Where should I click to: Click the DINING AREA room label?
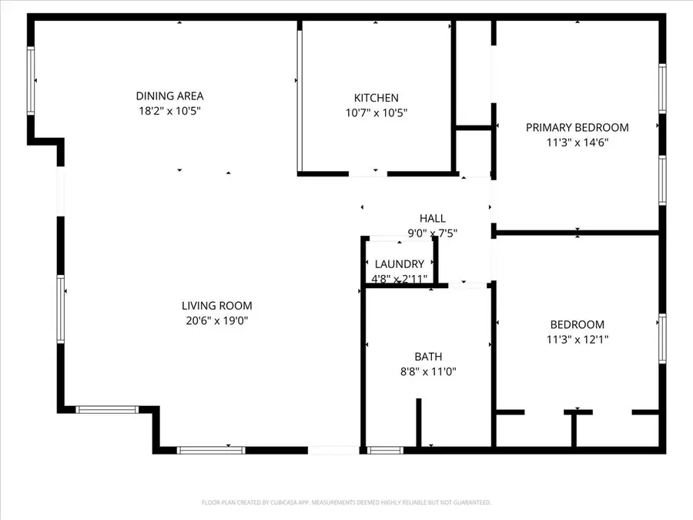(169, 96)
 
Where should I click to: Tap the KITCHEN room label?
(376, 98)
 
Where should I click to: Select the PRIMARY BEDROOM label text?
(577, 128)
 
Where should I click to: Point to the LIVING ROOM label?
(216, 306)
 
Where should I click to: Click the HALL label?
(432, 219)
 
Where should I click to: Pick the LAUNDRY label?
(400, 264)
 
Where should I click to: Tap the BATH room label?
(428, 357)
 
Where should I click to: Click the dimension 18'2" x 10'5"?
(169, 111)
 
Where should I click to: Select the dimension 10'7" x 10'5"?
(376, 112)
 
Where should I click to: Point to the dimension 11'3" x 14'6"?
(577, 142)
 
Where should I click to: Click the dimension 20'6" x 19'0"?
(216, 320)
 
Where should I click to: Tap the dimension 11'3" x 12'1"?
(577, 339)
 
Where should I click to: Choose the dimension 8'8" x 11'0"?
(428, 371)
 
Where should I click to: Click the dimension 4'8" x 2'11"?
(400, 278)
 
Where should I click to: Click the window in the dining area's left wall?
(32, 81)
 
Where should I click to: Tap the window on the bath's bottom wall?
(386, 450)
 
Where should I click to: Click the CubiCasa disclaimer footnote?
(346, 502)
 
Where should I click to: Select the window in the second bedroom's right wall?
(662, 337)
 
